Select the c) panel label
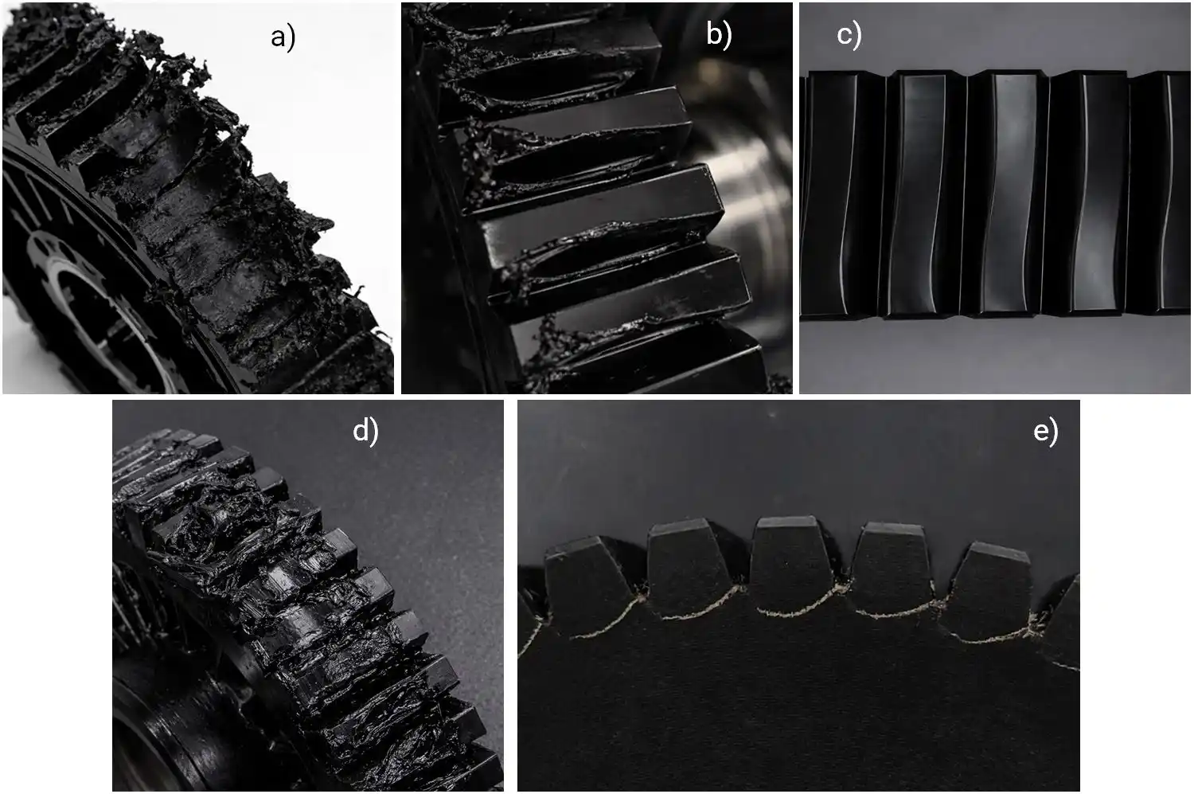tap(849, 35)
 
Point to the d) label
tap(365, 430)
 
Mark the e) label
tap(1045, 431)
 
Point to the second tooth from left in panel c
tap(923, 191)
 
